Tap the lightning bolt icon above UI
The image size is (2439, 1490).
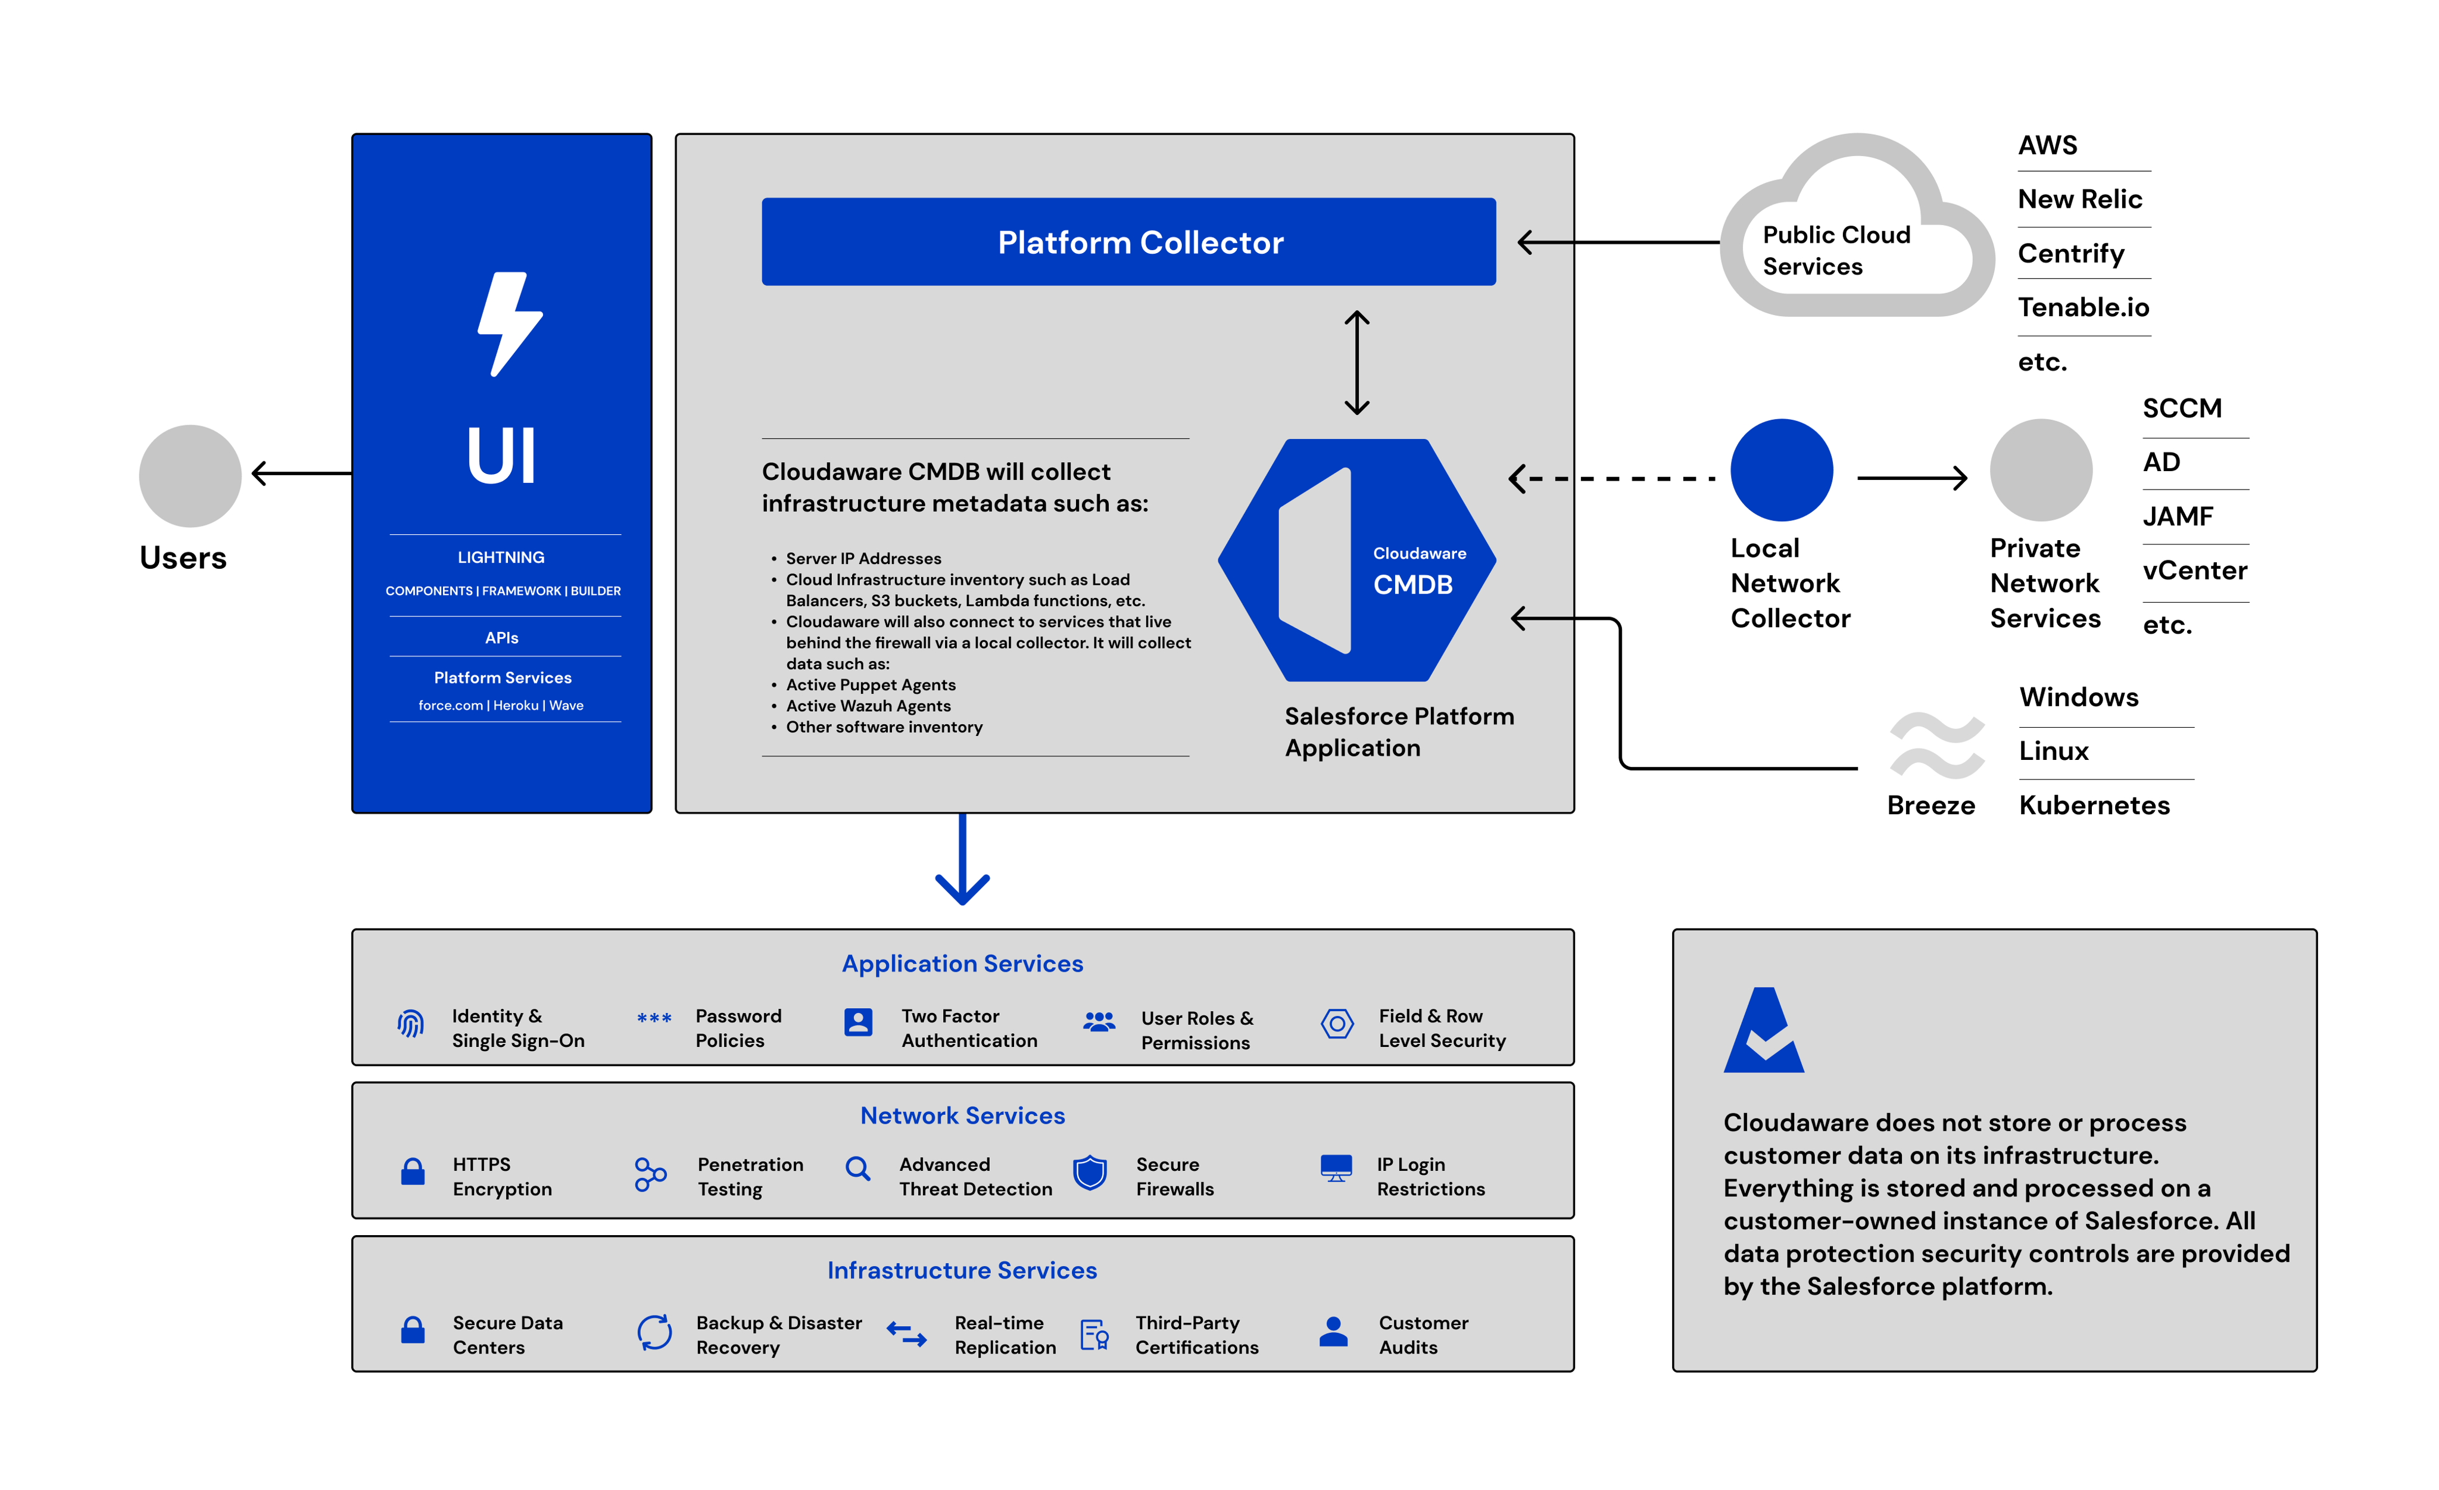point(509,324)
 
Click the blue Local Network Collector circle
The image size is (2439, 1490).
point(1781,470)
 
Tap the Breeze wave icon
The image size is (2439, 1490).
point(1935,744)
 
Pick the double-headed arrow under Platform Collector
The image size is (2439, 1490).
point(1356,362)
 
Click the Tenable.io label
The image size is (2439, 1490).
point(2083,308)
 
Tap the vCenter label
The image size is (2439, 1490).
point(2194,571)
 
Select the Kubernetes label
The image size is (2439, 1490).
point(2094,805)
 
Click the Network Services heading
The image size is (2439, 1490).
point(962,1116)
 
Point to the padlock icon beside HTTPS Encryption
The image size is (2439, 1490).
point(413,1172)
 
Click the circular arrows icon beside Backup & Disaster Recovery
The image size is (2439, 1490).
point(654,1333)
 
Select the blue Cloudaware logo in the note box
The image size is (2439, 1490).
point(1763,1031)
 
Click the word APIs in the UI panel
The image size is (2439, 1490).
point(502,638)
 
